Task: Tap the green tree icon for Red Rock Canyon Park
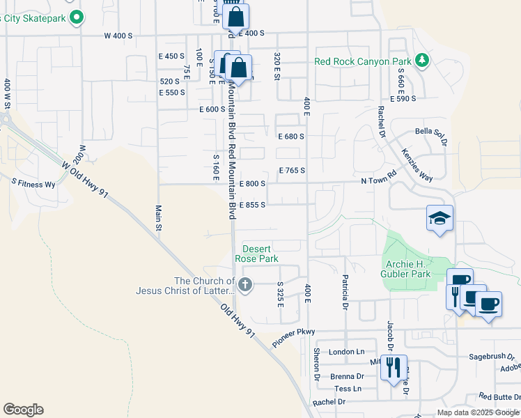[421, 61]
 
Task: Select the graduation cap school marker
[440, 219]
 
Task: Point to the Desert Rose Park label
[260, 254]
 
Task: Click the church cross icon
[244, 284]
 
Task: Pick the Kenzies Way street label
[417, 166]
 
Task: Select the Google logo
[23, 410]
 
